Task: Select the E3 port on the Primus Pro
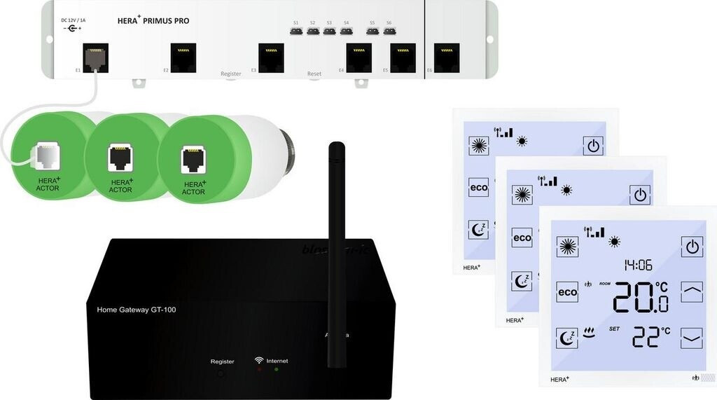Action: (271, 57)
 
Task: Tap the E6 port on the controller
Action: (447, 57)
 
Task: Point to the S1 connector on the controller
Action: (295, 30)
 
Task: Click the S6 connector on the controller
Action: (389, 30)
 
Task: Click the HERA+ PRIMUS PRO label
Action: (153, 20)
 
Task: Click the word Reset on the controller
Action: (314, 74)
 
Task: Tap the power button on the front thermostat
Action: (692, 246)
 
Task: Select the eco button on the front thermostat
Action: (567, 291)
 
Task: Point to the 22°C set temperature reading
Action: (650, 337)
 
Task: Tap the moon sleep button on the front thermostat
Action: (567, 338)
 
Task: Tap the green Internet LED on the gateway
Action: (276, 368)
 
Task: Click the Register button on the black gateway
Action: (221, 373)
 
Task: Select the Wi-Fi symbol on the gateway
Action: (259, 361)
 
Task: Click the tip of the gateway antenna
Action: (337, 146)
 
